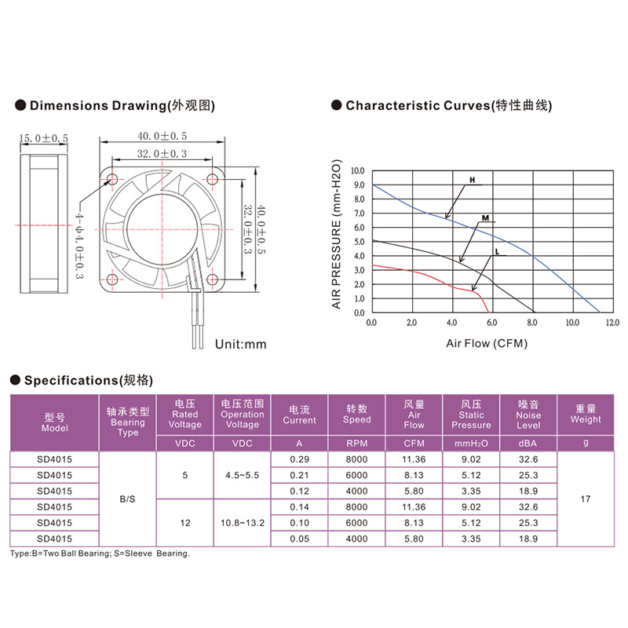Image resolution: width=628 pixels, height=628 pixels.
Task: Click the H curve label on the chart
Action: (473, 181)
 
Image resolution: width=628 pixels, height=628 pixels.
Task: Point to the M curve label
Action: (485, 218)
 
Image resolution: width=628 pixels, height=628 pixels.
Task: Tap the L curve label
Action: (497, 252)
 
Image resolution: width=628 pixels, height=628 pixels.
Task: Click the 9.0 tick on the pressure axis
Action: (358, 185)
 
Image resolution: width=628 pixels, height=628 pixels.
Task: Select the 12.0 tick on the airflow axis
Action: (612, 323)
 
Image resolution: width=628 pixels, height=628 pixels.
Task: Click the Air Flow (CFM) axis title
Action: (487, 344)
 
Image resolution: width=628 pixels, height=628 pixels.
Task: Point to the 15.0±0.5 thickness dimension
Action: (44, 139)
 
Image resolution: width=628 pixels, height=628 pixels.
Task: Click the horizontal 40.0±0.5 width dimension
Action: (162, 136)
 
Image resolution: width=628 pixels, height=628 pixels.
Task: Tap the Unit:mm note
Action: (241, 345)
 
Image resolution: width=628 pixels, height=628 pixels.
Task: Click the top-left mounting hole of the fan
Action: (112, 179)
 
